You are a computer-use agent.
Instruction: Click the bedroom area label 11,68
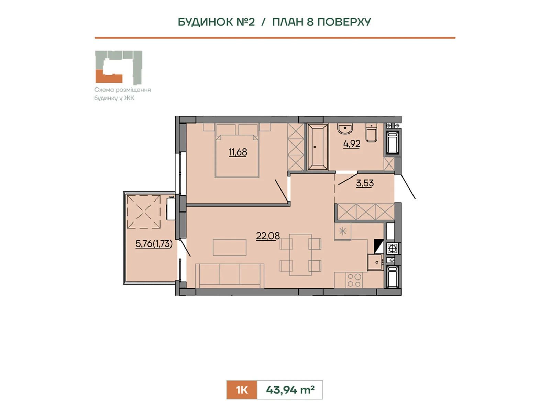tap(238, 152)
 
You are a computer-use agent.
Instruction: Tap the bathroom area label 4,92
tap(352, 144)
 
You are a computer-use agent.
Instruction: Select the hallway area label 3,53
tap(365, 183)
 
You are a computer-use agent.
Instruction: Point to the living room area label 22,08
tap(268, 236)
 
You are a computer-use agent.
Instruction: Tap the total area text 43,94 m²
tap(290, 390)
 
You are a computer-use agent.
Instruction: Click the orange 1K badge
tap(242, 390)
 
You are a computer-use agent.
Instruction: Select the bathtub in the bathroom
tap(318, 147)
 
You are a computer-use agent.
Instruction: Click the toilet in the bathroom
tap(371, 133)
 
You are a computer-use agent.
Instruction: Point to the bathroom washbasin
tap(345, 128)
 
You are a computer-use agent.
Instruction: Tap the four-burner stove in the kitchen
tap(354, 280)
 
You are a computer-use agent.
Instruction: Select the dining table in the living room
tap(300, 255)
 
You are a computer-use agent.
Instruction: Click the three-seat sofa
tap(230, 276)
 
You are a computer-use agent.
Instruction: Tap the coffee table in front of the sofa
tap(230, 248)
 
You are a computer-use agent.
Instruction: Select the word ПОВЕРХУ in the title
tap(344, 22)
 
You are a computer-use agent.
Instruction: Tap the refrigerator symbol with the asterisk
tap(342, 231)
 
